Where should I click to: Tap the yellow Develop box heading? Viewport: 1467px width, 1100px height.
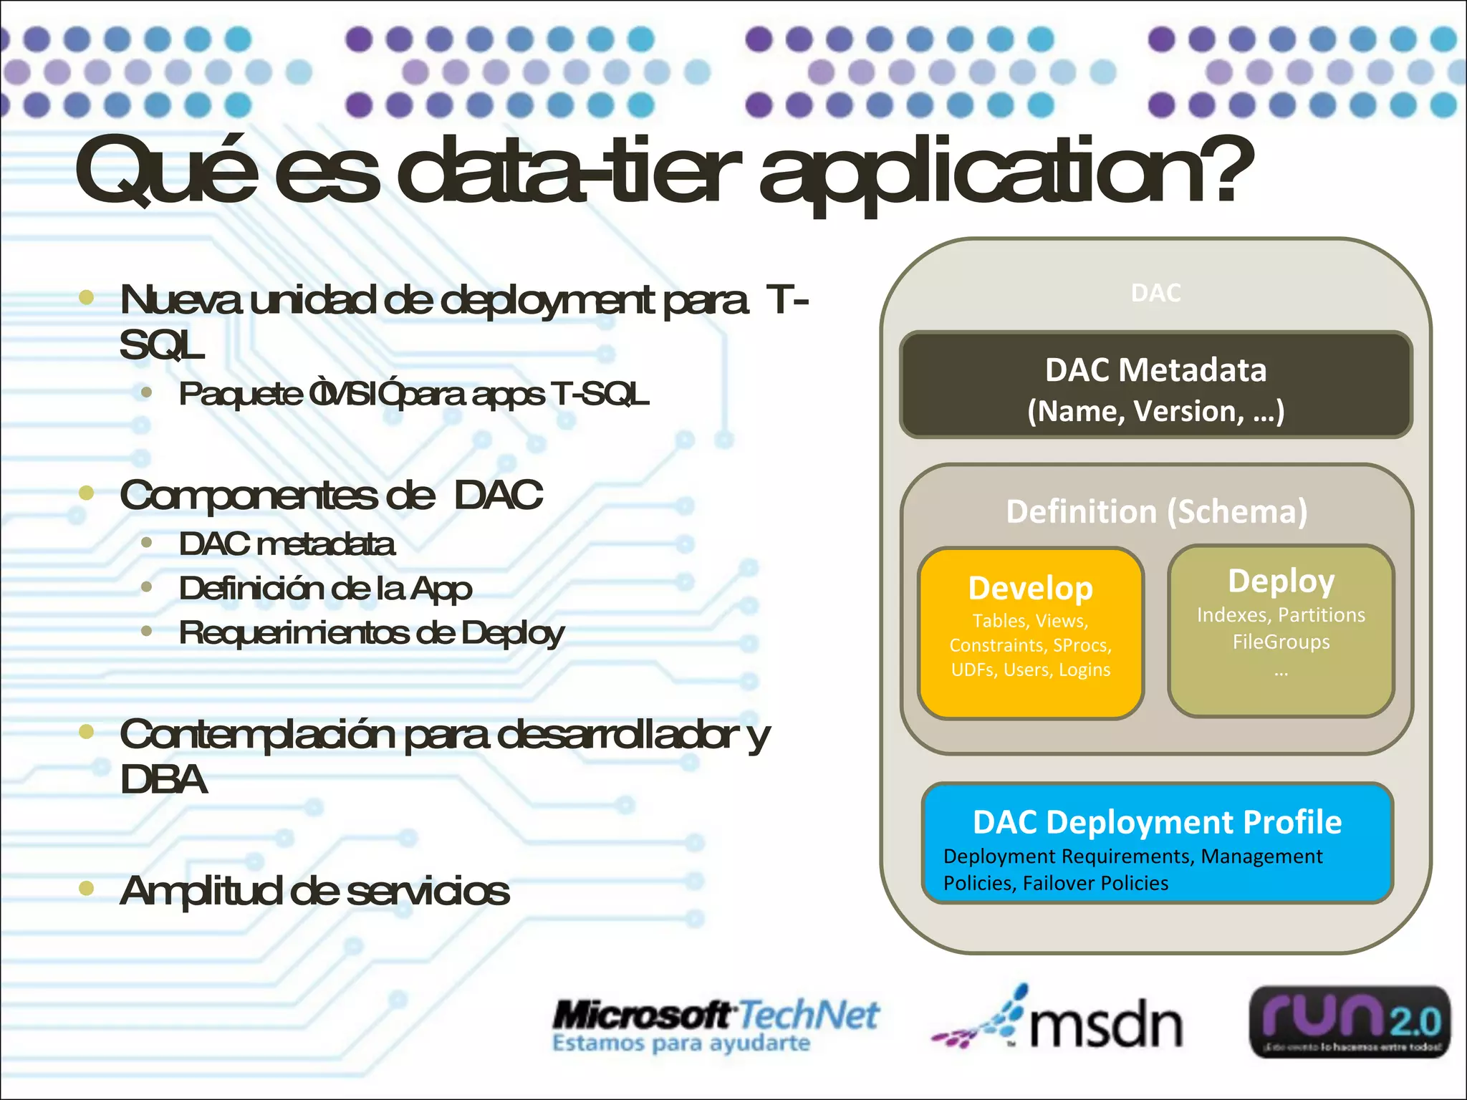pyautogui.click(x=1030, y=588)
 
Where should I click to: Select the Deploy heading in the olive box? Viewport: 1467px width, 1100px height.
pyautogui.click(x=1281, y=581)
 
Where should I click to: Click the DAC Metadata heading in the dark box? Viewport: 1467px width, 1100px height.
pyautogui.click(x=1155, y=370)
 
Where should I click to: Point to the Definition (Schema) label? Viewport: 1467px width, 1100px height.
pyautogui.click(x=1156, y=511)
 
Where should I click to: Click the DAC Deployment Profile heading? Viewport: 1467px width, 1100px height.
pyautogui.click(x=1156, y=822)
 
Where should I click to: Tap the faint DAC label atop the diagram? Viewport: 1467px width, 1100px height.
pyautogui.click(x=1155, y=293)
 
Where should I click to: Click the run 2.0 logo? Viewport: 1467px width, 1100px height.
pyautogui.click(x=1350, y=1022)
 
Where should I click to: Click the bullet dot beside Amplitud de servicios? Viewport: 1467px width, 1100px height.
pyautogui.click(x=87, y=889)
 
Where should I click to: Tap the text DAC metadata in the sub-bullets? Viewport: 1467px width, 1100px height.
pyautogui.click(x=287, y=544)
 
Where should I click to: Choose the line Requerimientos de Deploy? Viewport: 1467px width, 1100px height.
pyautogui.click(x=371, y=633)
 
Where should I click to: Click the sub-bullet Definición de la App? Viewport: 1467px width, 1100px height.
pyautogui.click(x=325, y=589)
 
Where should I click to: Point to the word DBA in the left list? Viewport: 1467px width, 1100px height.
pyautogui.click(x=163, y=779)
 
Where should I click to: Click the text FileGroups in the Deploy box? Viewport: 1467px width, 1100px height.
pyautogui.click(x=1281, y=642)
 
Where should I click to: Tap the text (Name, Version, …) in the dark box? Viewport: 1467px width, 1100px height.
pyautogui.click(x=1155, y=411)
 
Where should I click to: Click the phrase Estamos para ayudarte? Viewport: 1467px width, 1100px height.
pyautogui.click(x=680, y=1043)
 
